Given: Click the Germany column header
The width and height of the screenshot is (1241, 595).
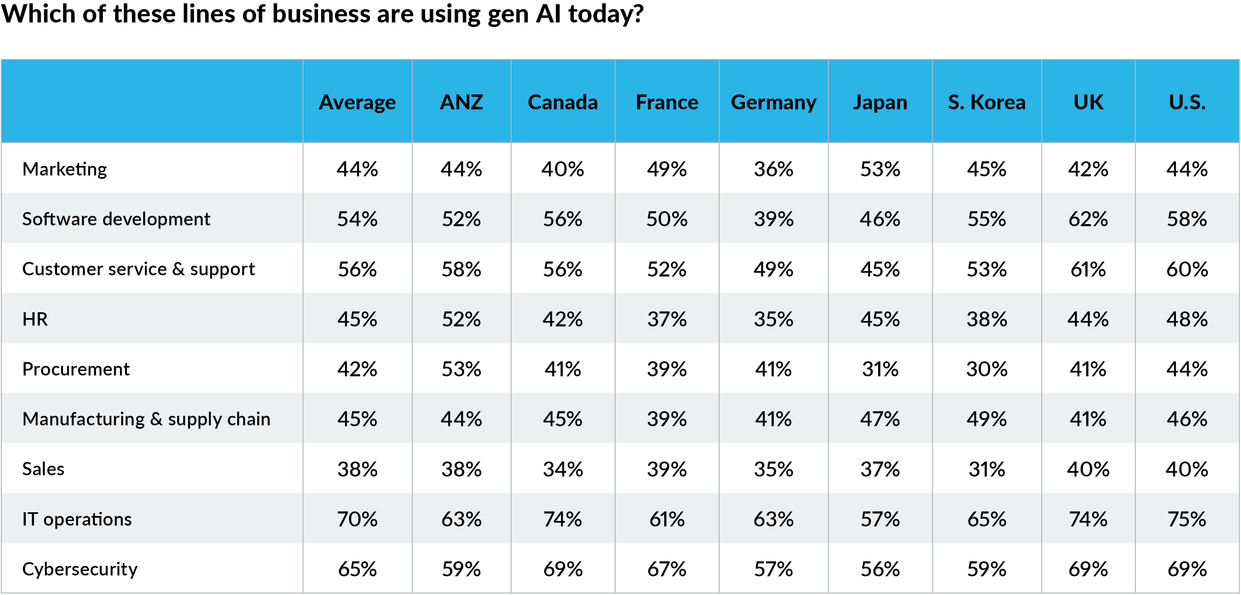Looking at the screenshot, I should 773,102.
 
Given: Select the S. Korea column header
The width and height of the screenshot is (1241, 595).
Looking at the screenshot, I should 986,102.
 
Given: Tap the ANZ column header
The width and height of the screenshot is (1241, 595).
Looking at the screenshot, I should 461,102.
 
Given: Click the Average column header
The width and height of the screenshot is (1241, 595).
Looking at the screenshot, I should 357,102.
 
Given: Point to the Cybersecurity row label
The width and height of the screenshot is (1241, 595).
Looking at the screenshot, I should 80,569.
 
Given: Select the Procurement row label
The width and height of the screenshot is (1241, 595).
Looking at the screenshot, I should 76,369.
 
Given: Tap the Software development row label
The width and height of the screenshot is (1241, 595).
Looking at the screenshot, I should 116,219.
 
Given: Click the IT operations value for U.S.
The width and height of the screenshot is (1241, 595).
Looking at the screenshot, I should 1186,519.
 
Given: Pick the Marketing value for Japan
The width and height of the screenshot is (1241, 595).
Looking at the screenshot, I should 880,169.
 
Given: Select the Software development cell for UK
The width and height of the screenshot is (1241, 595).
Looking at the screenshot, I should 1088,219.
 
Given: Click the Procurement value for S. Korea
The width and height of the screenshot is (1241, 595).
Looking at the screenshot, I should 986,369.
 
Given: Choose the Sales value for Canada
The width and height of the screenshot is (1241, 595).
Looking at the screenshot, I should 562,469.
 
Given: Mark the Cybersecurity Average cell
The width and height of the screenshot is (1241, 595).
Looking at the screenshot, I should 357,569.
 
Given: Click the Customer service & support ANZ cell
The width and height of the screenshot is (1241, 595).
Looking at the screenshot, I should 461,269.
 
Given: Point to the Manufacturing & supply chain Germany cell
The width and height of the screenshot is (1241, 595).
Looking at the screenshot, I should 773,419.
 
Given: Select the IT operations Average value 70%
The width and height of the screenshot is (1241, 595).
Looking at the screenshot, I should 357,519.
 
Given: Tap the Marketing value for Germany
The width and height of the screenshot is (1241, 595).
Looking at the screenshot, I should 773,169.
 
